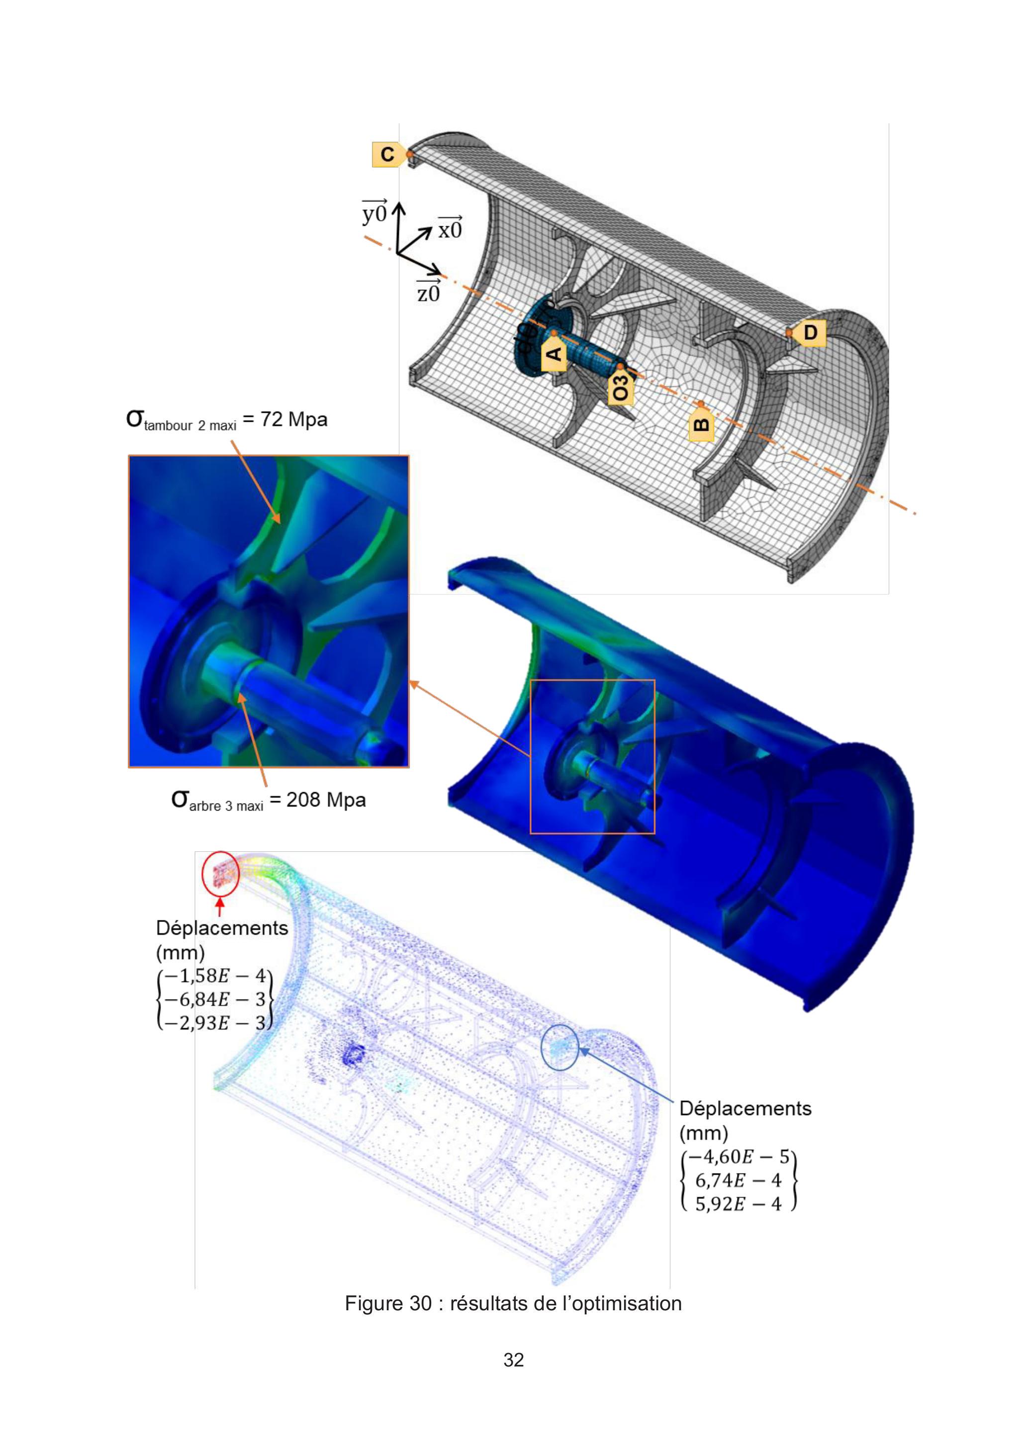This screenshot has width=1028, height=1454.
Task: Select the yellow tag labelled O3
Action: (x=621, y=387)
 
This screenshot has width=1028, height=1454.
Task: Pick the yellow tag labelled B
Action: (x=701, y=422)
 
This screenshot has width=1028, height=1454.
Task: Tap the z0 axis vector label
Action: (x=428, y=291)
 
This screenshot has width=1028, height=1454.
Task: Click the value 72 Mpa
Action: (x=294, y=419)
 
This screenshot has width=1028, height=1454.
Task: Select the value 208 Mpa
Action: (x=326, y=799)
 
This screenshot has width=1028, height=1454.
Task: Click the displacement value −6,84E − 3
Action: (x=215, y=1000)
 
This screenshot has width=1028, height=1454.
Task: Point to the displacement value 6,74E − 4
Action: (x=739, y=1180)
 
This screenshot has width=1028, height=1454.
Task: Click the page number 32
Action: (x=514, y=1359)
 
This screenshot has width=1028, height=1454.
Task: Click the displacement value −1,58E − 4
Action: (x=215, y=976)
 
